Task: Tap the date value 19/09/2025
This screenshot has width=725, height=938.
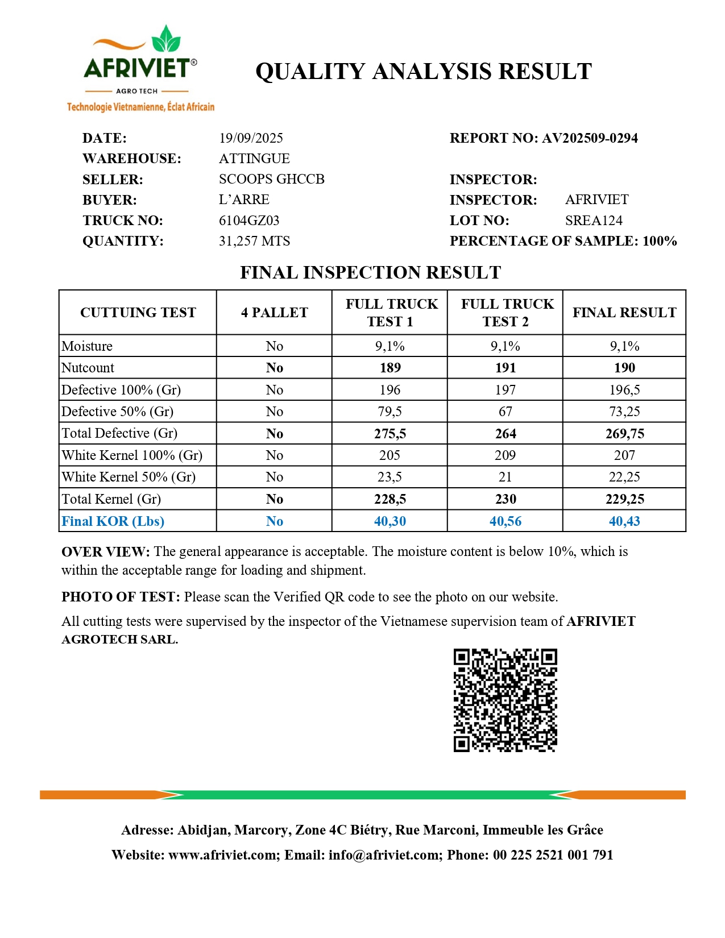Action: [x=251, y=138]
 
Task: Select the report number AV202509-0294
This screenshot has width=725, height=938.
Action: [x=590, y=138]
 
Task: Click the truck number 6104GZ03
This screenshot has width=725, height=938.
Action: [x=249, y=221]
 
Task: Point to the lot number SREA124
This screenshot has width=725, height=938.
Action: [x=594, y=221]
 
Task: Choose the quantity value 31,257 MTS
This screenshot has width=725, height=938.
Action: [x=254, y=241]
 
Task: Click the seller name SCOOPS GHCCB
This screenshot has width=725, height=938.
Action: [x=271, y=179]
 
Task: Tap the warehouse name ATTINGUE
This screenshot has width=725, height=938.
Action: [x=254, y=159]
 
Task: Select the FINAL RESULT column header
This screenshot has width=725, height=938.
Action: [x=624, y=313]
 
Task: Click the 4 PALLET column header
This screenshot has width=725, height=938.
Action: [x=274, y=313]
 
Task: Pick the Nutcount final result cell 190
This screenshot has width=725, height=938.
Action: [x=624, y=368]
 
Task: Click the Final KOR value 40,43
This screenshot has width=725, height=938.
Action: [x=624, y=521]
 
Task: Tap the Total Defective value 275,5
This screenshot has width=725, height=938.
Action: [x=390, y=434]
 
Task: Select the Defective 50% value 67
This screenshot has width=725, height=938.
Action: [x=505, y=412]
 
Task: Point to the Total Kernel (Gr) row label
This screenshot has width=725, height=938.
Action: [x=111, y=499]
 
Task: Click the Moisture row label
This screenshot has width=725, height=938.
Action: [x=87, y=346]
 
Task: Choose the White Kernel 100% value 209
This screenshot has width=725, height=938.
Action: [x=505, y=455]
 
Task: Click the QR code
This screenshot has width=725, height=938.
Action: [x=505, y=700]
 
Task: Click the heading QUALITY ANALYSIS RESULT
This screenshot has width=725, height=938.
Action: [x=424, y=72]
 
